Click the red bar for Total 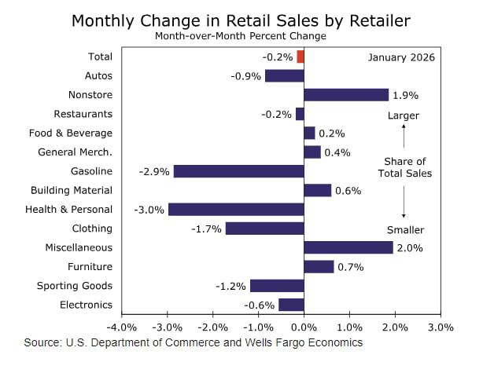click(300, 57)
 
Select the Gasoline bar click(238, 171)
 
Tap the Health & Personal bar click(236, 210)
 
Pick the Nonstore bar click(346, 95)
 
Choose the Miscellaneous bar click(348, 247)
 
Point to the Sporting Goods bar click(277, 286)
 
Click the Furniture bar click(319, 267)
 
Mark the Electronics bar click(291, 305)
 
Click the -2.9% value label click(153, 171)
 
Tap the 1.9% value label click(406, 95)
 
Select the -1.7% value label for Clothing click(205, 229)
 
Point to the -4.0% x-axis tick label click(122, 327)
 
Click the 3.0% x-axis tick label click(441, 327)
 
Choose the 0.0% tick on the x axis click(304, 327)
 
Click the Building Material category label click(72, 190)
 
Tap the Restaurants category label click(83, 114)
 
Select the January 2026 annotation click(401, 57)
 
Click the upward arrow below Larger click(404, 137)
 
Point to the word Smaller click(405, 230)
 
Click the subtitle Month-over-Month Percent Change click(241, 36)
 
